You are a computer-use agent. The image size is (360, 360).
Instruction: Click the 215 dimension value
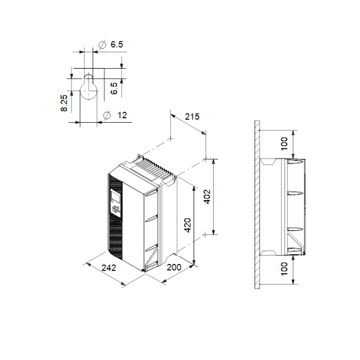192,117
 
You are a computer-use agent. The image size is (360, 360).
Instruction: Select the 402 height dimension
207,197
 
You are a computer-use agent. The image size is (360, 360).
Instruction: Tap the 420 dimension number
188,225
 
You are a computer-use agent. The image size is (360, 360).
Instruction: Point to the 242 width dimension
109,267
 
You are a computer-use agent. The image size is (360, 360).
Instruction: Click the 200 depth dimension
174,267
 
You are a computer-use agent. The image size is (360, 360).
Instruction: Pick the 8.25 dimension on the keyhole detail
64,103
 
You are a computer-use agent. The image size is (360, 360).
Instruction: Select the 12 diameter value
122,115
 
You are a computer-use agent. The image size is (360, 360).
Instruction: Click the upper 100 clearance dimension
284,143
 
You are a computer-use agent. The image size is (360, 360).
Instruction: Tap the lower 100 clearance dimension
284,269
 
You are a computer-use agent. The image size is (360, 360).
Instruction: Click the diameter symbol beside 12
107,115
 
